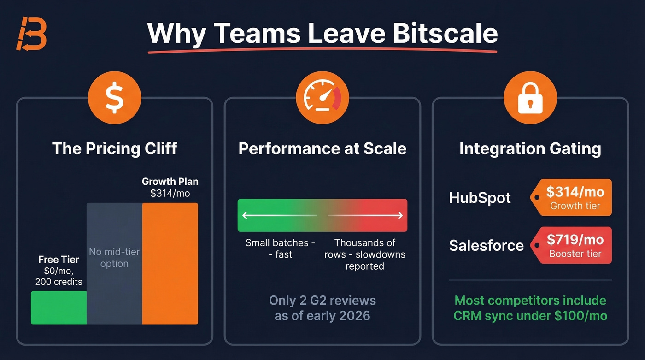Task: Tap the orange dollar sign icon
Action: [114, 98]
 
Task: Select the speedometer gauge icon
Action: [322, 98]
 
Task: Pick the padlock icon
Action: [530, 98]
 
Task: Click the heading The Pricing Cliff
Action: [114, 148]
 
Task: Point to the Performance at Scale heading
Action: [322, 148]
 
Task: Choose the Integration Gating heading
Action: [530, 148]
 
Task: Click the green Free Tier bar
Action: [59, 307]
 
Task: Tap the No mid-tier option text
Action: [114, 258]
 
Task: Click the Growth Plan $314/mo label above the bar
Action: [170, 187]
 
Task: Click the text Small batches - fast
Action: [280, 248]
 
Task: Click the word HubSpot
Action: [480, 198]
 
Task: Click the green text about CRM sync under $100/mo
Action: [530, 308]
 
